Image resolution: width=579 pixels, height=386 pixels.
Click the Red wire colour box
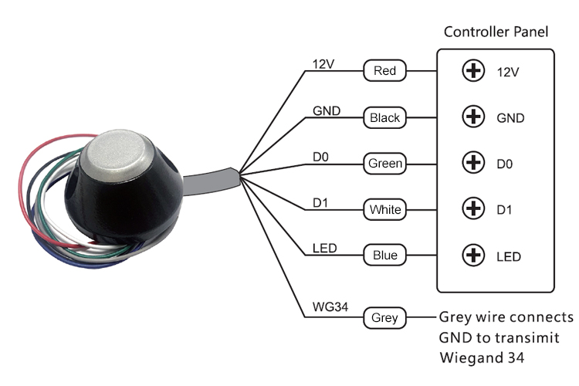(x=384, y=71)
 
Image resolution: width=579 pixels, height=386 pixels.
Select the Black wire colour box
(x=384, y=117)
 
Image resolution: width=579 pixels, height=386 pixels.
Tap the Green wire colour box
(x=384, y=164)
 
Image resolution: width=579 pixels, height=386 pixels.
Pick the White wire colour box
(x=384, y=208)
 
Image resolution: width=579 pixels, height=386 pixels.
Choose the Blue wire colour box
(x=384, y=255)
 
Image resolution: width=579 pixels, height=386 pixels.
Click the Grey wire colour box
(x=384, y=317)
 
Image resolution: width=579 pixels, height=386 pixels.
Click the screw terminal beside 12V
(x=472, y=71)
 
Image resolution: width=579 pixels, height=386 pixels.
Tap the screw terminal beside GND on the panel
(x=472, y=117)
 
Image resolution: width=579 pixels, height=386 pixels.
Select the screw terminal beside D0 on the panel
(x=472, y=163)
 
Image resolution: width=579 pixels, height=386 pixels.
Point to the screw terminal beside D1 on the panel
(x=472, y=208)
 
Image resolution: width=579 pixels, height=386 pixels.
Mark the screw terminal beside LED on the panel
(x=472, y=255)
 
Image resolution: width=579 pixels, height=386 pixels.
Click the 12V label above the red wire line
(x=322, y=63)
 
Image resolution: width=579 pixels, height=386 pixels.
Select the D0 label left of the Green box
(x=320, y=157)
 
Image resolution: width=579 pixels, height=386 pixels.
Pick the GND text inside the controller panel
(x=510, y=118)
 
